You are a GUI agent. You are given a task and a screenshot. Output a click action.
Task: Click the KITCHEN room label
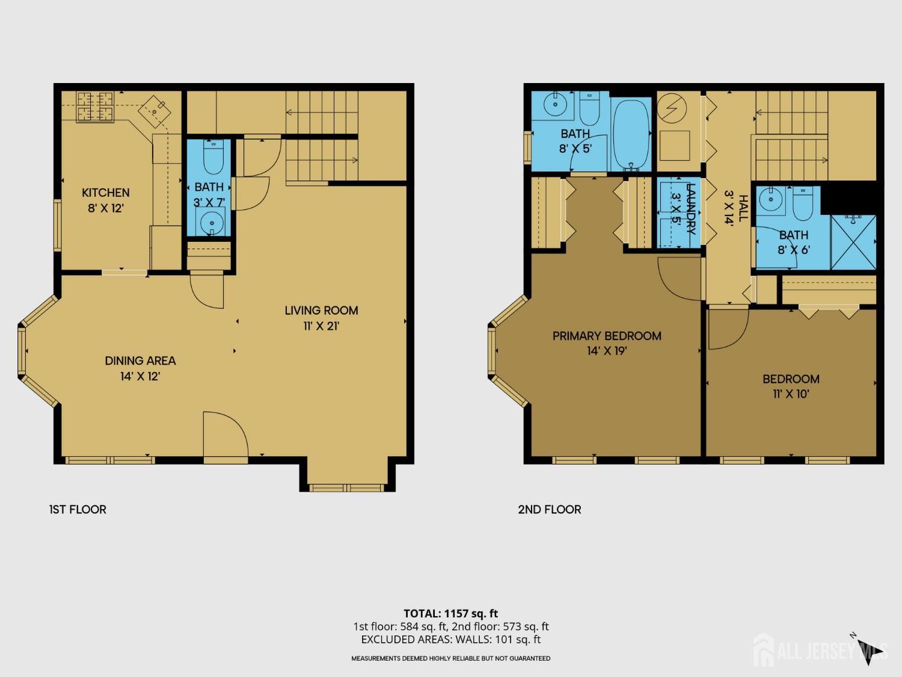[x=105, y=193]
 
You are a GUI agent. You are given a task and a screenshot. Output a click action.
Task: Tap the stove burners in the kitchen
[x=95, y=106]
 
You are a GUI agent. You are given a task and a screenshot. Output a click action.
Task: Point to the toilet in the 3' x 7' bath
[x=213, y=158]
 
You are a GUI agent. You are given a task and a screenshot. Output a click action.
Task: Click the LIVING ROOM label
[x=321, y=311]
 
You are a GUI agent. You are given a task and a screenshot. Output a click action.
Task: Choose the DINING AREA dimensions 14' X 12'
[x=140, y=377]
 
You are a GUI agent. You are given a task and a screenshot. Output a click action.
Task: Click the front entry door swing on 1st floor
[x=226, y=436]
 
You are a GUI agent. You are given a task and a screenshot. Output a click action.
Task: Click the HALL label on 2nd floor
[x=743, y=208]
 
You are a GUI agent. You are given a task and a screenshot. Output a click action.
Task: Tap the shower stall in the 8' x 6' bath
[x=853, y=241]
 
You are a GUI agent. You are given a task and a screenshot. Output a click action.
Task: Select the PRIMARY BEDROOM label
[x=607, y=336]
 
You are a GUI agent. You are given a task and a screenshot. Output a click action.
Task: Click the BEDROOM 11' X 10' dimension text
[x=791, y=395]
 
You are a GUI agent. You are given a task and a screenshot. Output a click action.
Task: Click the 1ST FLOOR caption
[x=78, y=510]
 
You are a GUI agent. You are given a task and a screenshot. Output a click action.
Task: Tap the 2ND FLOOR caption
[x=550, y=510]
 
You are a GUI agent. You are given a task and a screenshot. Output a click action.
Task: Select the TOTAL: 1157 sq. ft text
[x=450, y=614]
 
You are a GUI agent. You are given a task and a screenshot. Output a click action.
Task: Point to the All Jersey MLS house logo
[x=764, y=650]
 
